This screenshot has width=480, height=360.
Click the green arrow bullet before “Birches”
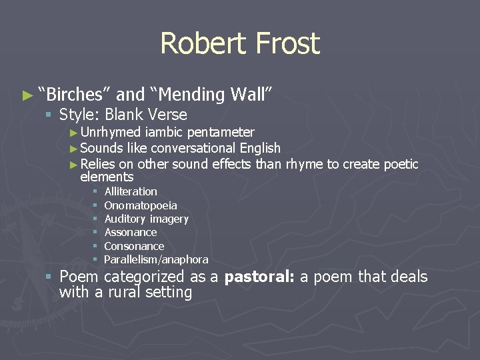point(27,95)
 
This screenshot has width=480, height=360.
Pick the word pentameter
point(221,133)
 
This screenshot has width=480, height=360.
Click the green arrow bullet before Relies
point(74,164)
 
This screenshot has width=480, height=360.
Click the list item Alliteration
point(131,191)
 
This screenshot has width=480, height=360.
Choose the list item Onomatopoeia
point(141,205)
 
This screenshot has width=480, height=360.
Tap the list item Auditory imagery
point(147,219)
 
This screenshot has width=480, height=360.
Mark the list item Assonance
point(131,232)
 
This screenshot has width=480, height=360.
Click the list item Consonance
point(134,246)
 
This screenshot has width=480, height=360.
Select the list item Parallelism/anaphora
point(156,259)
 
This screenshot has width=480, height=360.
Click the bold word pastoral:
point(259,277)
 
